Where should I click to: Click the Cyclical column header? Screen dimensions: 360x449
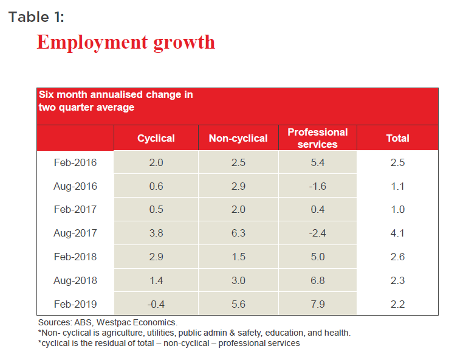pyautogui.click(x=156, y=138)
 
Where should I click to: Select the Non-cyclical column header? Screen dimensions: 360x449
pyautogui.click(x=238, y=138)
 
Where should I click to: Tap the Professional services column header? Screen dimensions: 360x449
pyautogui.click(x=317, y=138)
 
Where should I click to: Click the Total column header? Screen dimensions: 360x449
pyautogui.click(x=398, y=138)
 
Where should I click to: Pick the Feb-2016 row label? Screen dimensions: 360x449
pyautogui.click(x=75, y=162)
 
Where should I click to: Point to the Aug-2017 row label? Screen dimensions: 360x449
pyautogui.click(x=75, y=233)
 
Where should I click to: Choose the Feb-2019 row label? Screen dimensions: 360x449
pyautogui.click(x=75, y=304)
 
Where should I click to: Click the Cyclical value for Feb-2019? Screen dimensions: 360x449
pyautogui.click(x=156, y=304)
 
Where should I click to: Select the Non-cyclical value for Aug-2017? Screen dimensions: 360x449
pyautogui.click(x=238, y=233)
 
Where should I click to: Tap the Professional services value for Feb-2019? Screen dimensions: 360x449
pyautogui.click(x=317, y=304)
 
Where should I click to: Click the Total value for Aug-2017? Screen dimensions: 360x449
pyautogui.click(x=397, y=233)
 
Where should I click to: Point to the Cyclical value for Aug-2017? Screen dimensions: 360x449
pyautogui.click(x=156, y=233)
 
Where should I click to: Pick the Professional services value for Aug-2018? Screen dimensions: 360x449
pyautogui.click(x=317, y=280)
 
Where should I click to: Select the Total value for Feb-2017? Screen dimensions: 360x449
pyautogui.click(x=397, y=209)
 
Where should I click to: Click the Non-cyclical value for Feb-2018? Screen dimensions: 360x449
pyautogui.click(x=238, y=257)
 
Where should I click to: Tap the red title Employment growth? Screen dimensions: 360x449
pyautogui.click(x=126, y=42)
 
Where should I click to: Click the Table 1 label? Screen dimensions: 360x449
pyautogui.click(x=36, y=16)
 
